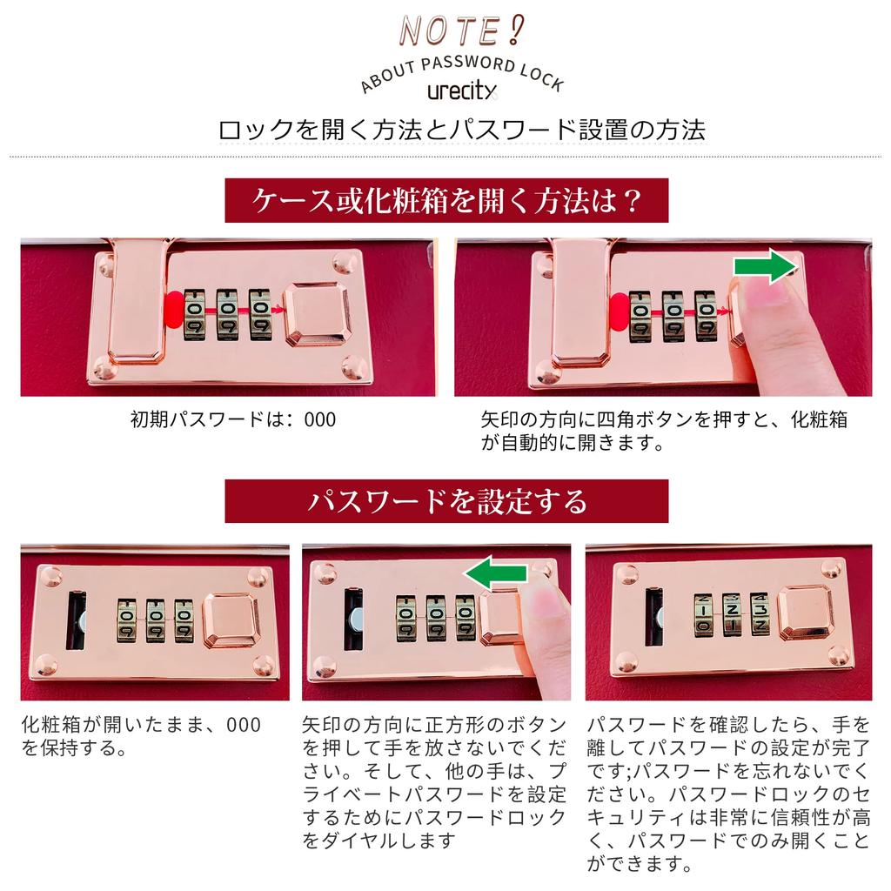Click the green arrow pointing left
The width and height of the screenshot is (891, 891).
[x=496, y=573]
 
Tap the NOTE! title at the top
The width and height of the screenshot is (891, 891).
[x=461, y=30]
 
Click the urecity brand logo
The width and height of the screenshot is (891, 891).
[x=462, y=90]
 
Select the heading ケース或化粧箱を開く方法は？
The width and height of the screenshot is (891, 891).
[x=446, y=201]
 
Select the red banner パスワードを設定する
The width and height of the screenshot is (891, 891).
[x=446, y=501]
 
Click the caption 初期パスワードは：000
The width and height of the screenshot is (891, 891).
[x=233, y=420]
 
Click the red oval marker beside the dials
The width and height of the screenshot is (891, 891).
[x=173, y=312]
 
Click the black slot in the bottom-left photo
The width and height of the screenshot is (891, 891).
[x=77, y=620]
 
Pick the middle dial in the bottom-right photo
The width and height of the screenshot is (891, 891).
[x=732, y=614]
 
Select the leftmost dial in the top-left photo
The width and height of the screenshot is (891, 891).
[x=195, y=315]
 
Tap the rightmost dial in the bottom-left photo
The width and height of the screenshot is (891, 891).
[x=184, y=620]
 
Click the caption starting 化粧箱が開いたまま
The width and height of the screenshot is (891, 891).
[x=142, y=736]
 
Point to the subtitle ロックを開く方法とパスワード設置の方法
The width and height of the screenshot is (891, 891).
[x=462, y=131]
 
